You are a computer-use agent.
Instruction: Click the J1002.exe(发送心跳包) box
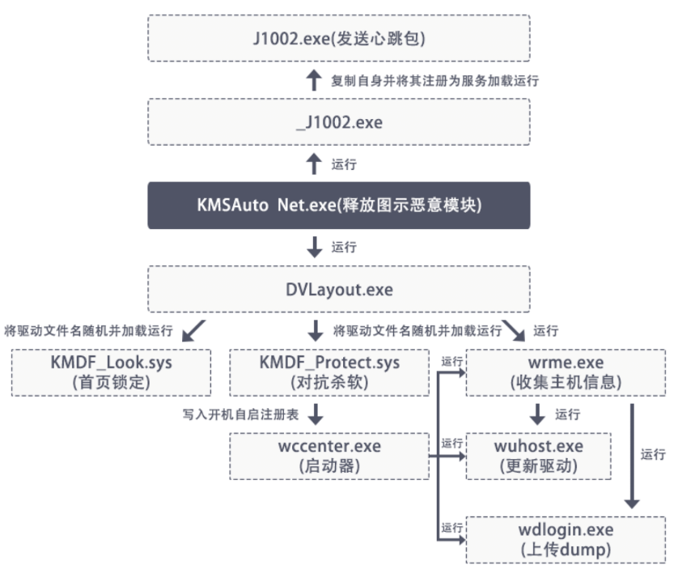338,38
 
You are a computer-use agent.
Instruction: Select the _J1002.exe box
338,122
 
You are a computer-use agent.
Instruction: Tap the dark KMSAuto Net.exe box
338,206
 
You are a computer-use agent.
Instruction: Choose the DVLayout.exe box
338,290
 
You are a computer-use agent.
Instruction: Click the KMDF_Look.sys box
112,372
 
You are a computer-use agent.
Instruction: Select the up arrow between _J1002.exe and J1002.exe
315,80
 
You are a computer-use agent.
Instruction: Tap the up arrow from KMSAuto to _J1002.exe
315,164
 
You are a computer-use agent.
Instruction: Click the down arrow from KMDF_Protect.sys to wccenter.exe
315,414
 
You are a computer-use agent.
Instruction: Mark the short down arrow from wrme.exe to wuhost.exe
536,414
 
